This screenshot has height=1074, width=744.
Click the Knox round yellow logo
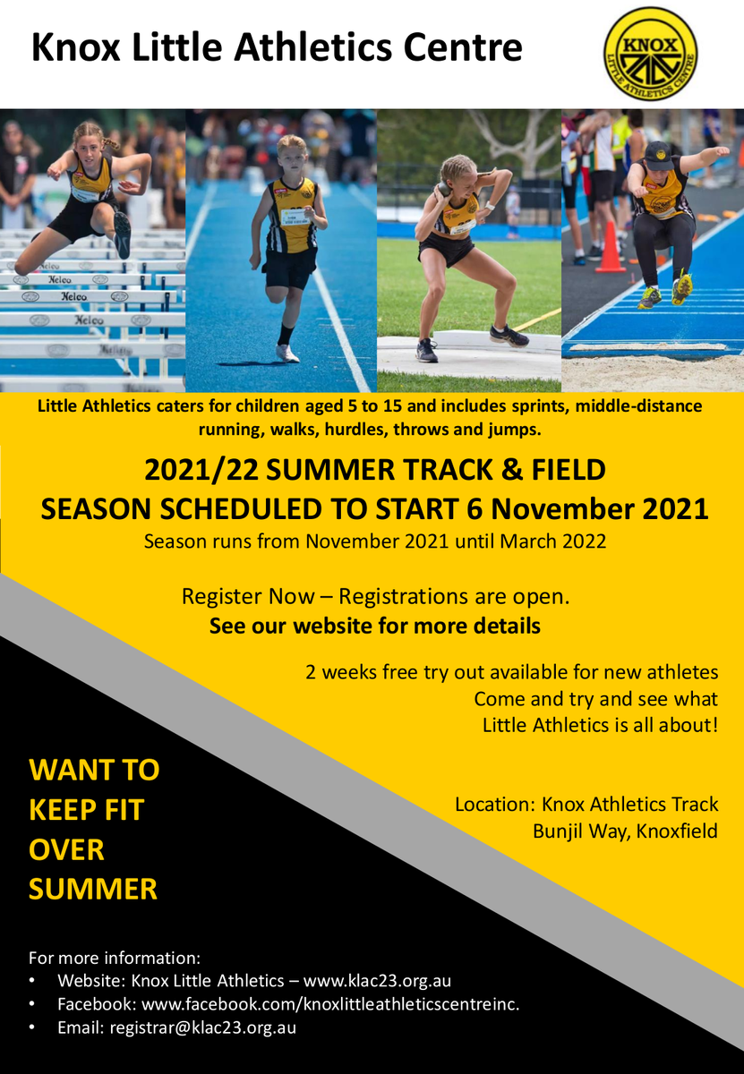coord(651,55)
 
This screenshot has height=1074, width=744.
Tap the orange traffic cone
coord(611,247)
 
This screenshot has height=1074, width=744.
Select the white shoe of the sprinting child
coord(286,354)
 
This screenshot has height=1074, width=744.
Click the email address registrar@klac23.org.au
coord(203,1027)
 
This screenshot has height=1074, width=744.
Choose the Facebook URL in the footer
coord(330,1003)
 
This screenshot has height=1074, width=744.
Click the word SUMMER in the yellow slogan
coord(93,889)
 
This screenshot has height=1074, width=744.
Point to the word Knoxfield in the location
coord(677,831)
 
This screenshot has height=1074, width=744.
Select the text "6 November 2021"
coord(587,508)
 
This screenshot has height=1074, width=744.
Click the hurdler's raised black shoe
coord(123,235)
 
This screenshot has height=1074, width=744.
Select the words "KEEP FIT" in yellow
coord(86,810)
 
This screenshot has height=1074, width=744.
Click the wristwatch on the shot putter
coord(490,206)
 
